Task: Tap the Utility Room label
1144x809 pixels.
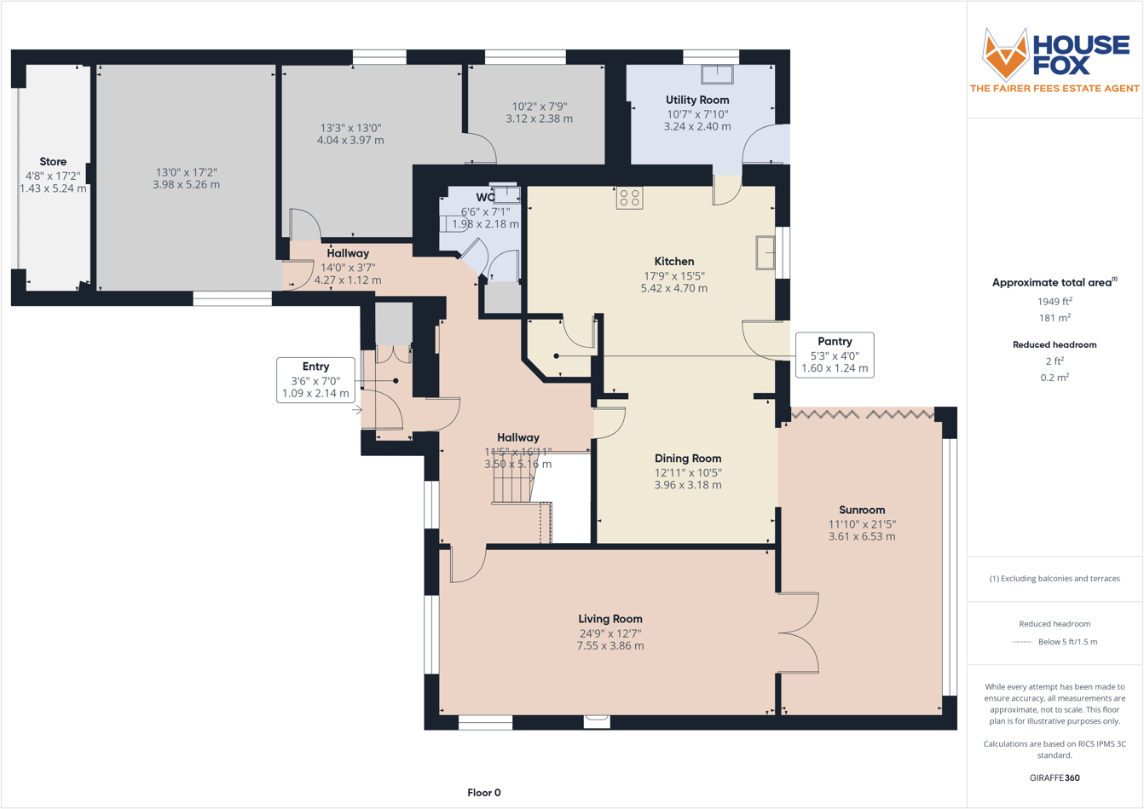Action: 697,100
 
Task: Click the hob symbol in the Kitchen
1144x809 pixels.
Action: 630,198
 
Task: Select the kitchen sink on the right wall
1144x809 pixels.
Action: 765,253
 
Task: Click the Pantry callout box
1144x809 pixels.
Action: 835,355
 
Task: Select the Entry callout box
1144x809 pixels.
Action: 315,380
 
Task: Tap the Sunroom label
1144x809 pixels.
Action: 862,510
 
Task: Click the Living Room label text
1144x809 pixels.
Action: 610,619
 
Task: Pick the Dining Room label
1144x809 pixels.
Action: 687,458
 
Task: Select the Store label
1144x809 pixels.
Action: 53,161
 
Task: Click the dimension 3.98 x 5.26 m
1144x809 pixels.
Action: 186,184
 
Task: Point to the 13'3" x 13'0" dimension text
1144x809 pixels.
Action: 350,128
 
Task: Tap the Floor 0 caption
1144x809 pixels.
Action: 483,793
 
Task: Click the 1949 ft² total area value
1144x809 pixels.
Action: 1054,301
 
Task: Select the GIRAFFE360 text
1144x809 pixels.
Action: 1054,777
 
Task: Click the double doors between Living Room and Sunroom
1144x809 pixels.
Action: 799,633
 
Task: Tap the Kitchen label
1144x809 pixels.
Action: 673,261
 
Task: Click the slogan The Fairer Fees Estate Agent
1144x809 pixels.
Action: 1054,89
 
